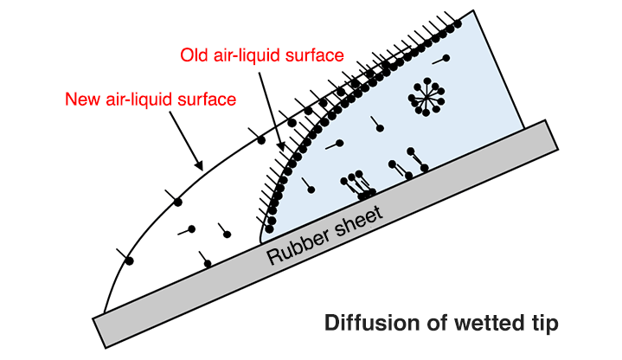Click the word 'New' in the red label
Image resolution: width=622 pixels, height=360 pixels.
pyautogui.click(x=81, y=100)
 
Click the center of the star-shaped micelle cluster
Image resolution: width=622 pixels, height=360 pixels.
pyautogui.click(x=424, y=95)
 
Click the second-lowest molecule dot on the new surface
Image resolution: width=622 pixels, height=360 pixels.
pyautogui.click(x=177, y=202)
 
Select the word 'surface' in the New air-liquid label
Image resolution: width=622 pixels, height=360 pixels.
pyautogui.click(x=207, y=100)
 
